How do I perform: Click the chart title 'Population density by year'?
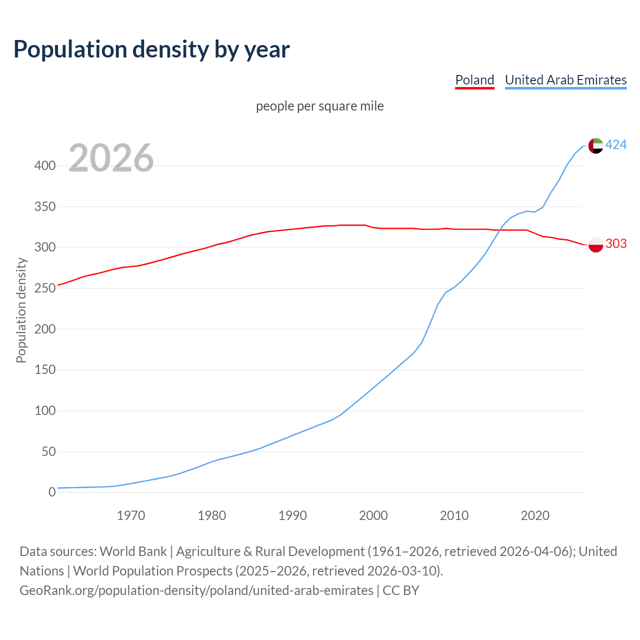pos(151,49)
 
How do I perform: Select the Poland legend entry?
pos(474,80)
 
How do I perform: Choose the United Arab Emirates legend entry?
pos(565,80)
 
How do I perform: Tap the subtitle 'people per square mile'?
pos(320,106)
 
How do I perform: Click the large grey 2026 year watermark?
pos(111,158)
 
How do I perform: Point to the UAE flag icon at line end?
pos(595,145)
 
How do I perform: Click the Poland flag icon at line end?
pos(595,244)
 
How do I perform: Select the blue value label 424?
pos(616,145)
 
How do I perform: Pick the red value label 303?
pos(616,243)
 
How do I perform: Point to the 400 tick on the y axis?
pos(44,166)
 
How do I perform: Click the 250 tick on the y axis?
pos(44,288)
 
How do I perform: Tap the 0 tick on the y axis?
pos(52,492)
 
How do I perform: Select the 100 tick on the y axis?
pos(44,411)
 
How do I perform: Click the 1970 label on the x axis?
pos(131,515)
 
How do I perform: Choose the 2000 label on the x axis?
pos(373,515)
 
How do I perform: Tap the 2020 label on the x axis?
pos(535,515)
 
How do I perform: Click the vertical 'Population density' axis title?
pos(21,310)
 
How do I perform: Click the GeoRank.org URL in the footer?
pos(196,590)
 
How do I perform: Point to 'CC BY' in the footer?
pos(401,590)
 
